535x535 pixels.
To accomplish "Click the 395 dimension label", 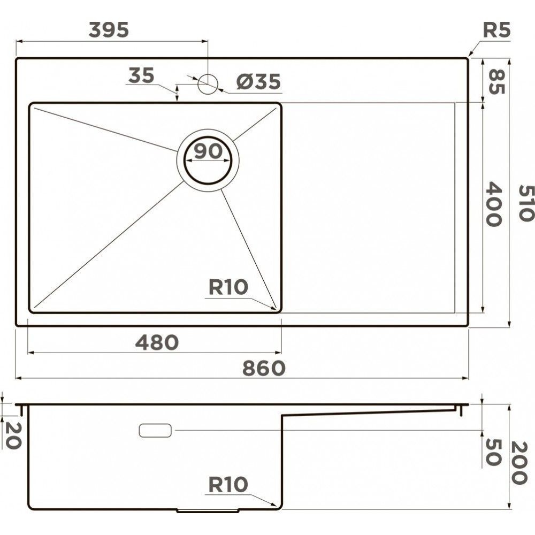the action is tap(109, 30).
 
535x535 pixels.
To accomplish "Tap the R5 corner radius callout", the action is tap(496, 30).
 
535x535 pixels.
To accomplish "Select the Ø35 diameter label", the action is tap(258, 81).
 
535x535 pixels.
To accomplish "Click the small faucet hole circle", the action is tap(208, 83).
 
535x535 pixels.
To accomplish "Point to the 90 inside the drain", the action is tap(208, 151).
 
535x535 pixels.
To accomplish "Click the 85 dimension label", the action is tap(496, 81).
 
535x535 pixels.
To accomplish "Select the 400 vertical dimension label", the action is tap(493, 204).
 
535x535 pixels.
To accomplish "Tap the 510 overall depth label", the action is tap(526, 203).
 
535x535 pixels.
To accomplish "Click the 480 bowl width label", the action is tap(157, 342).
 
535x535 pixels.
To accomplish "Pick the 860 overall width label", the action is tap(264, 368).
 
